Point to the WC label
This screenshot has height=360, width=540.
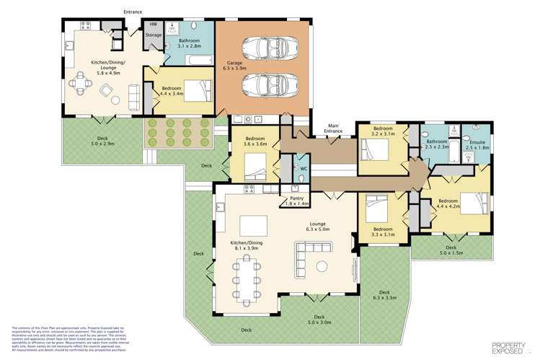click(303, 169)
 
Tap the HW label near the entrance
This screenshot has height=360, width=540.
click(154, 25)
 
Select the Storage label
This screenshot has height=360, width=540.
click(154, 35)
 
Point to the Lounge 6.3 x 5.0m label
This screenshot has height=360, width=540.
click(319, 227)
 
